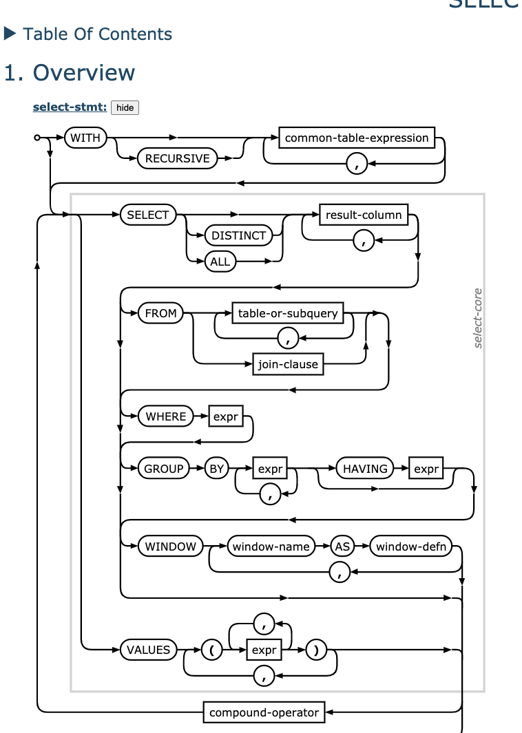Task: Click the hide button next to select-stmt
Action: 125,107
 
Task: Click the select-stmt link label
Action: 70,107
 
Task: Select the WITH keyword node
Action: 85,138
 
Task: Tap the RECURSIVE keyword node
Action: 177,158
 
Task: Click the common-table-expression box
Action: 357,138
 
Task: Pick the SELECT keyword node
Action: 148,215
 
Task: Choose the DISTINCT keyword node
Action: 238,235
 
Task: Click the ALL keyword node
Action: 220,262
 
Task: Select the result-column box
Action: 364,215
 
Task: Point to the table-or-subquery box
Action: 288,313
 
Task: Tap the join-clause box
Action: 288,364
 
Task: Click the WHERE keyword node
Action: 166,416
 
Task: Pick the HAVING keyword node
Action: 365,469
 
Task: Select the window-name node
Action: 271,546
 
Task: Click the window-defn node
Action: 411,546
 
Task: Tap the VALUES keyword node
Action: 148,649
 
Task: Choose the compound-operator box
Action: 264,712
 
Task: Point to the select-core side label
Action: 478,318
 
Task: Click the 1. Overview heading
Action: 70,72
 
